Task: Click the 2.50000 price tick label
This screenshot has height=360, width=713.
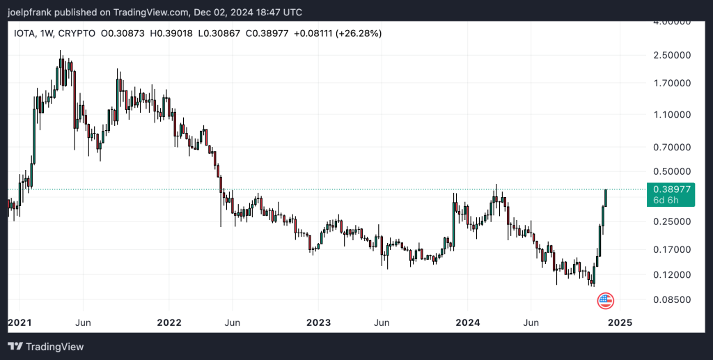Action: click(671, 55)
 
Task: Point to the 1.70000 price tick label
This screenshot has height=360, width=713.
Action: click(671, 84)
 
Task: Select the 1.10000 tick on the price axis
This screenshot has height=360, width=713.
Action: click(671, 114)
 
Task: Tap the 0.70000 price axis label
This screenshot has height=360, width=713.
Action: click(671, 148)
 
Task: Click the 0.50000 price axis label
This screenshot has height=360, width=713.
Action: click(671, 171)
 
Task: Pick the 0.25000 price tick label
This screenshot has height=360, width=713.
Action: click(671, 221)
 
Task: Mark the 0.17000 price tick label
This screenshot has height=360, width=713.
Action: click(671, 249)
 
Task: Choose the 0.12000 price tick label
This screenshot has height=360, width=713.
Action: click(671, 275)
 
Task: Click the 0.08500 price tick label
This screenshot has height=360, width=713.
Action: click(671, 300)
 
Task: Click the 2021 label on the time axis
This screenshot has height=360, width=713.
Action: click(19, 322)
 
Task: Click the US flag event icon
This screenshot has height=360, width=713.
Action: click(606, 301)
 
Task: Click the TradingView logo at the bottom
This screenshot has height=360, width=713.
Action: click(46, 346)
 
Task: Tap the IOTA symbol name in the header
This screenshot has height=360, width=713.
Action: click(26, 33)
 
